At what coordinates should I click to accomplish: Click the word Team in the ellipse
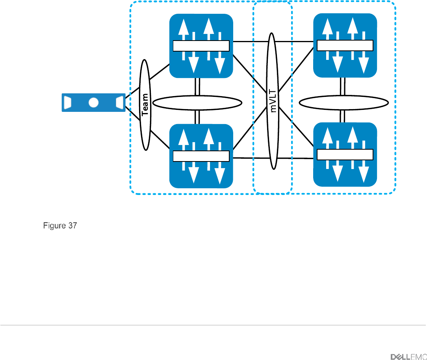tap(145, 104)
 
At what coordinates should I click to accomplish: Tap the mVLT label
tap(273, 101)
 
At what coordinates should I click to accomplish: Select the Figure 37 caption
tap(60, 225)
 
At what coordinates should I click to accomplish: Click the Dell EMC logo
tap(408, 357)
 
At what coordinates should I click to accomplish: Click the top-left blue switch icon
tap(201, 46)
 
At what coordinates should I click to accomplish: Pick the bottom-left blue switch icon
tap(201, 156)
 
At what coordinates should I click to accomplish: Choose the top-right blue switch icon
tap(345, 45)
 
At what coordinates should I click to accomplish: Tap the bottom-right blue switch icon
tap(345, 154)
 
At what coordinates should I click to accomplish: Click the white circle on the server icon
tap(93, 103)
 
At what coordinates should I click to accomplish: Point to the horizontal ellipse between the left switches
tap(197, 96)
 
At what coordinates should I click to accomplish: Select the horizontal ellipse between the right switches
tap(343, 96)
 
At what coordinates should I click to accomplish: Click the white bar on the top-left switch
tap(201, 46)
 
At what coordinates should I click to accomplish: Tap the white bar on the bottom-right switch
tap(345, 154)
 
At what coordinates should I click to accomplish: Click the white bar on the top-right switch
tap(345, 45)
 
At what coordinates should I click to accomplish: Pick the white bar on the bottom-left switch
tap(201, 156)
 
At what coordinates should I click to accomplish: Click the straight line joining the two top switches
tap(273, 42)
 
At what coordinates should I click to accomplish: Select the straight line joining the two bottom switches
tap(273, 158)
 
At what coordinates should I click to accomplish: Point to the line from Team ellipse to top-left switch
tap(160, 72)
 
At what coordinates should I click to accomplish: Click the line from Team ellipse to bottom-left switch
tap(160, 140)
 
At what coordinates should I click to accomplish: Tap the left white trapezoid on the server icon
tap(67, 103)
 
